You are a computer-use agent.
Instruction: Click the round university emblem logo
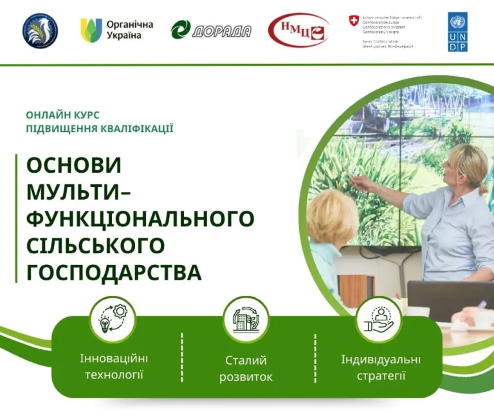coord(40,30)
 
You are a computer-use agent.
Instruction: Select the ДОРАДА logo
coord(211,30)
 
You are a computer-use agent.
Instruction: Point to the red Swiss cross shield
coord(354,21)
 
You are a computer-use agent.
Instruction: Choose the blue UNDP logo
coord(458,32)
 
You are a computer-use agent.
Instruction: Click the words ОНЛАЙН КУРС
coord(62,115)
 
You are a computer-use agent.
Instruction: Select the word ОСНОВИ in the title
coord(74,166)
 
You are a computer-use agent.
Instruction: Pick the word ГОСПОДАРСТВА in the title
coord(114,272)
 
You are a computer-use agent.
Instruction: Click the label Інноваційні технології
coord(114,366)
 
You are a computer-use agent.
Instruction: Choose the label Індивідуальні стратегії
coord(381,367)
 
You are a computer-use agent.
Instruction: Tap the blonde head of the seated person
coord(331,216)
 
